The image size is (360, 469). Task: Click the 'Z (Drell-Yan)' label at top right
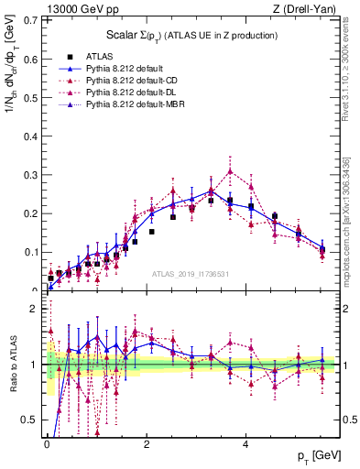click(309, 10)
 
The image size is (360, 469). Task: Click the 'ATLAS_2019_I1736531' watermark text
click(191, 274)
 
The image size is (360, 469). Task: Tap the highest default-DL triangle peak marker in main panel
click(231, 170)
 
